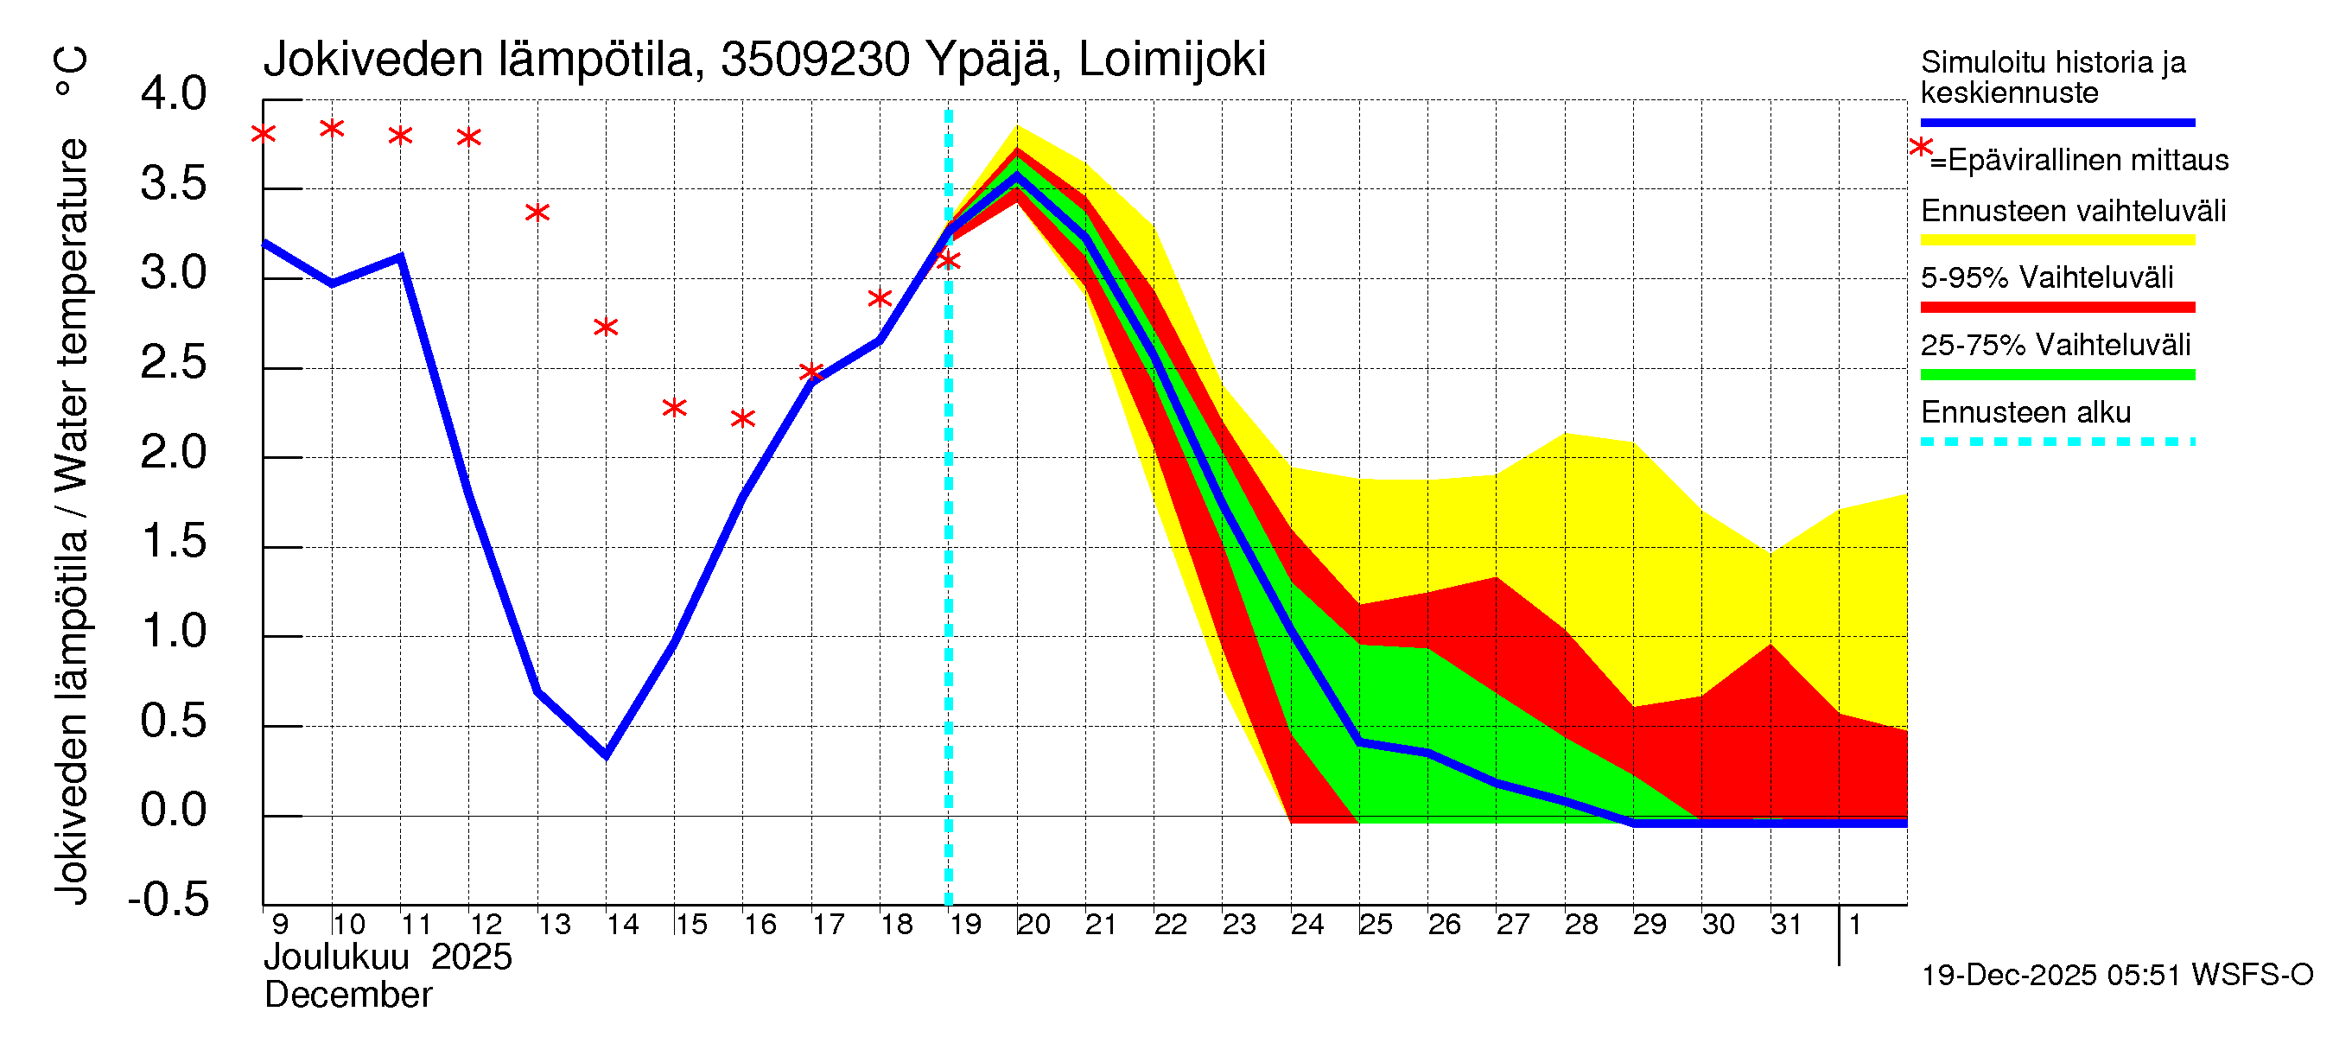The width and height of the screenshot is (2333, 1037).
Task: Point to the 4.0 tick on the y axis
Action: pos(174,95)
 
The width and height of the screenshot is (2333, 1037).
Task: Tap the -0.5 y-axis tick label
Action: pos(169,900)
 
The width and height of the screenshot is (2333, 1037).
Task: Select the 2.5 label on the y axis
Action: pos(174,363)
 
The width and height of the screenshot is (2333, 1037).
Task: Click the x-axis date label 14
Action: pos(622,925)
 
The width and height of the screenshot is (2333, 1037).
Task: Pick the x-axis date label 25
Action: pos(1375,925)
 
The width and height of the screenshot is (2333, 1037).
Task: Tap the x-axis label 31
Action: pos(1786,925)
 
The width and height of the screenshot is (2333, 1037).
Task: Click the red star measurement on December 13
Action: pos(538,213)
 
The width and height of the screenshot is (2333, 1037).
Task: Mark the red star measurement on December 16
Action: pos(742,418)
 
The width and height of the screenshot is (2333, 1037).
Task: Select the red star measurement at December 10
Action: pos(333,129)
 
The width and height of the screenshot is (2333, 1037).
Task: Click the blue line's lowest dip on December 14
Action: pos(606,754)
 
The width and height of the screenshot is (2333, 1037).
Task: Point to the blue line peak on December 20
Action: pos(1017,175)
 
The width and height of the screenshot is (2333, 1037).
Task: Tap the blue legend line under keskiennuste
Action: pos(2056,122)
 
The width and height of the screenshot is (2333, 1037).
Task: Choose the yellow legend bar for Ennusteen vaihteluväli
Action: pos(2056,240)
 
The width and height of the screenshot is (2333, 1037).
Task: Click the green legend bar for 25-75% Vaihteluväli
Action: pos(2056,374)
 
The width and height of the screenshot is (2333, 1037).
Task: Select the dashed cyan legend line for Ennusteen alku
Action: pos(2056,442)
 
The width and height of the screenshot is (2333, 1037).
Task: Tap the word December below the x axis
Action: pos(347,996)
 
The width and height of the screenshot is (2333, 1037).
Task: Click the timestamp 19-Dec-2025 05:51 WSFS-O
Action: pos(2116,975)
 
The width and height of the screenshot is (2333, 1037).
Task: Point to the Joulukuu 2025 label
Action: pos(388,957)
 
